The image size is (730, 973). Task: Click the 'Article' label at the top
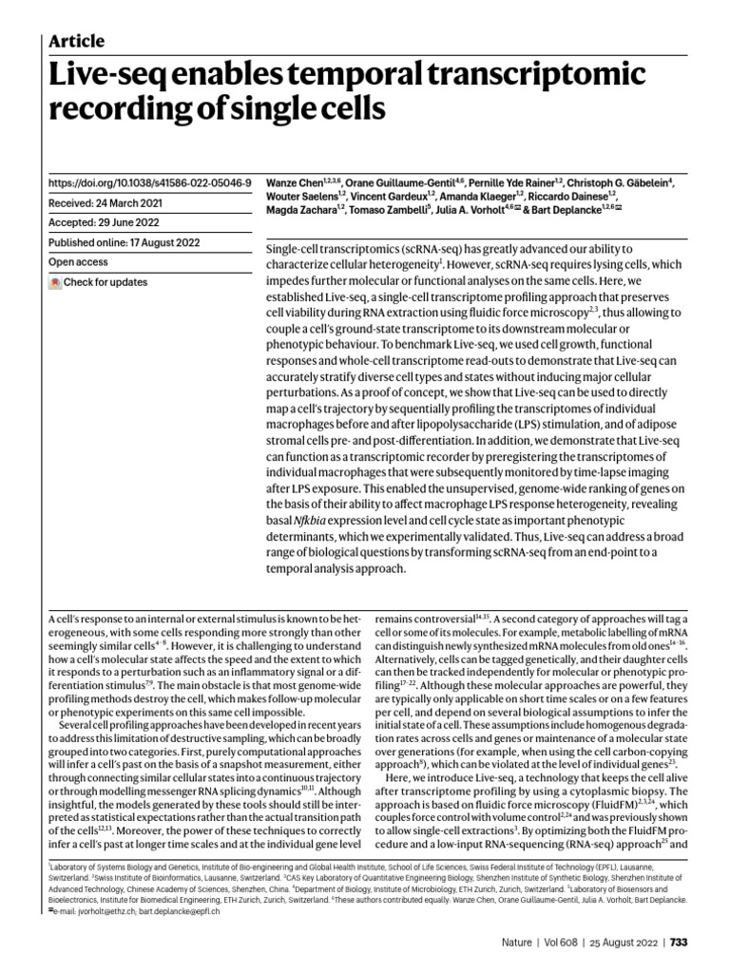click(76, 41)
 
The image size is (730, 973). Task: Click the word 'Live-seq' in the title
click(111, 75)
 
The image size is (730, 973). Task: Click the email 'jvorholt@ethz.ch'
click(90, 910)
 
